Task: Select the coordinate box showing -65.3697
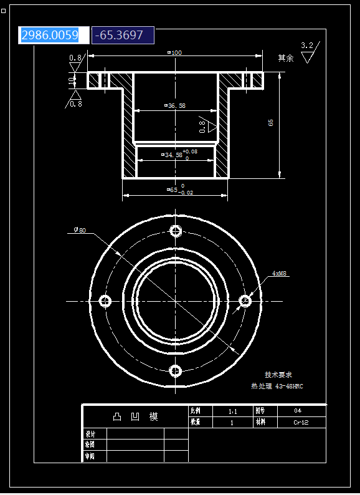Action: [122, 36]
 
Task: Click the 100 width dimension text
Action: [175, 53]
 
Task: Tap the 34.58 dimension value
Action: [173, 154]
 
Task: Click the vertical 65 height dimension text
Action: [271, 123]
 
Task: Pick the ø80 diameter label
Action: [80, 230]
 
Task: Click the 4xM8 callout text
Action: [280, 274]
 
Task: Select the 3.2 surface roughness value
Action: [307, 46]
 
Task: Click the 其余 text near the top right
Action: [285, 58]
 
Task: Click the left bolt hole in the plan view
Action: [105, 302]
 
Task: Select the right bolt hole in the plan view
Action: [245, 302]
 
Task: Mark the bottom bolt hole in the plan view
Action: [176, 372]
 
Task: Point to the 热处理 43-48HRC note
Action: [277, 387]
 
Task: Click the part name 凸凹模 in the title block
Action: [135, 416]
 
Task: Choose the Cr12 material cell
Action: [301, 422]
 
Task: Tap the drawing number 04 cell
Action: [298, 411]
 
